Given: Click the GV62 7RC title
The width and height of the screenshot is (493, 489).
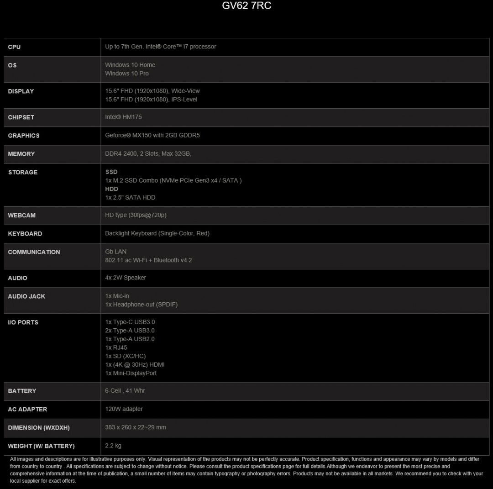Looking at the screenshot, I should pos(246,6).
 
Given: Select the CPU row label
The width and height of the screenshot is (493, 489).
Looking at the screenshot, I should pos(14,47).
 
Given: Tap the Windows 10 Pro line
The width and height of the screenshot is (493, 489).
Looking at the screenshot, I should pos(127,74).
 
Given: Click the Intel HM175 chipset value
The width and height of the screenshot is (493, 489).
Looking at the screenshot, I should pos(123,117).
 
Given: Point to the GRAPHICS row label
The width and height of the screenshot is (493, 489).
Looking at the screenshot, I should pos(24,136).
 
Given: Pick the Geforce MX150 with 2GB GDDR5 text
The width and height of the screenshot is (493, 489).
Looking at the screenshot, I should pos(152,135).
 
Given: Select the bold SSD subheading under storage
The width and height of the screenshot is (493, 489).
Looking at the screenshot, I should pos(111,172).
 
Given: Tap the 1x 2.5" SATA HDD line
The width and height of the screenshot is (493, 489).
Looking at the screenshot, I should pos(130,198).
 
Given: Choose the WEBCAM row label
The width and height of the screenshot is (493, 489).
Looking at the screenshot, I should pos(21,216).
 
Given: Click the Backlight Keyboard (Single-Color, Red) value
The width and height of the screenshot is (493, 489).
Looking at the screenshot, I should pos(157,233).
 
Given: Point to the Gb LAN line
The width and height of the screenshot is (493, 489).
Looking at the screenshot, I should pos(116,252).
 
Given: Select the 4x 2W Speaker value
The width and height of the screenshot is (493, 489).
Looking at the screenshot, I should pos(126,278).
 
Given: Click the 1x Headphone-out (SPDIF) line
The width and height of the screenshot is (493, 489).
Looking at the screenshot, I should pos(141,305).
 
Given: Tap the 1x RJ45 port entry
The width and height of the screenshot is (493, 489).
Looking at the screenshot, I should pos(116,347).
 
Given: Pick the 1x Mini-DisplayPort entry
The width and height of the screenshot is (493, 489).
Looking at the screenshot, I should pos(131,373).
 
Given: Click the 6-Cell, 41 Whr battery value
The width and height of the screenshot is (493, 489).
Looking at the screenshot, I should pos(125,391).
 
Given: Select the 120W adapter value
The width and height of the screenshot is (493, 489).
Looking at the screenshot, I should pos(124,409).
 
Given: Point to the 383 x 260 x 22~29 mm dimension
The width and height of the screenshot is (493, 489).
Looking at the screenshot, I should pos(136,427).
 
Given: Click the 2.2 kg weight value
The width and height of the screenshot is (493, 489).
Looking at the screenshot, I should pos(113,446).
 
